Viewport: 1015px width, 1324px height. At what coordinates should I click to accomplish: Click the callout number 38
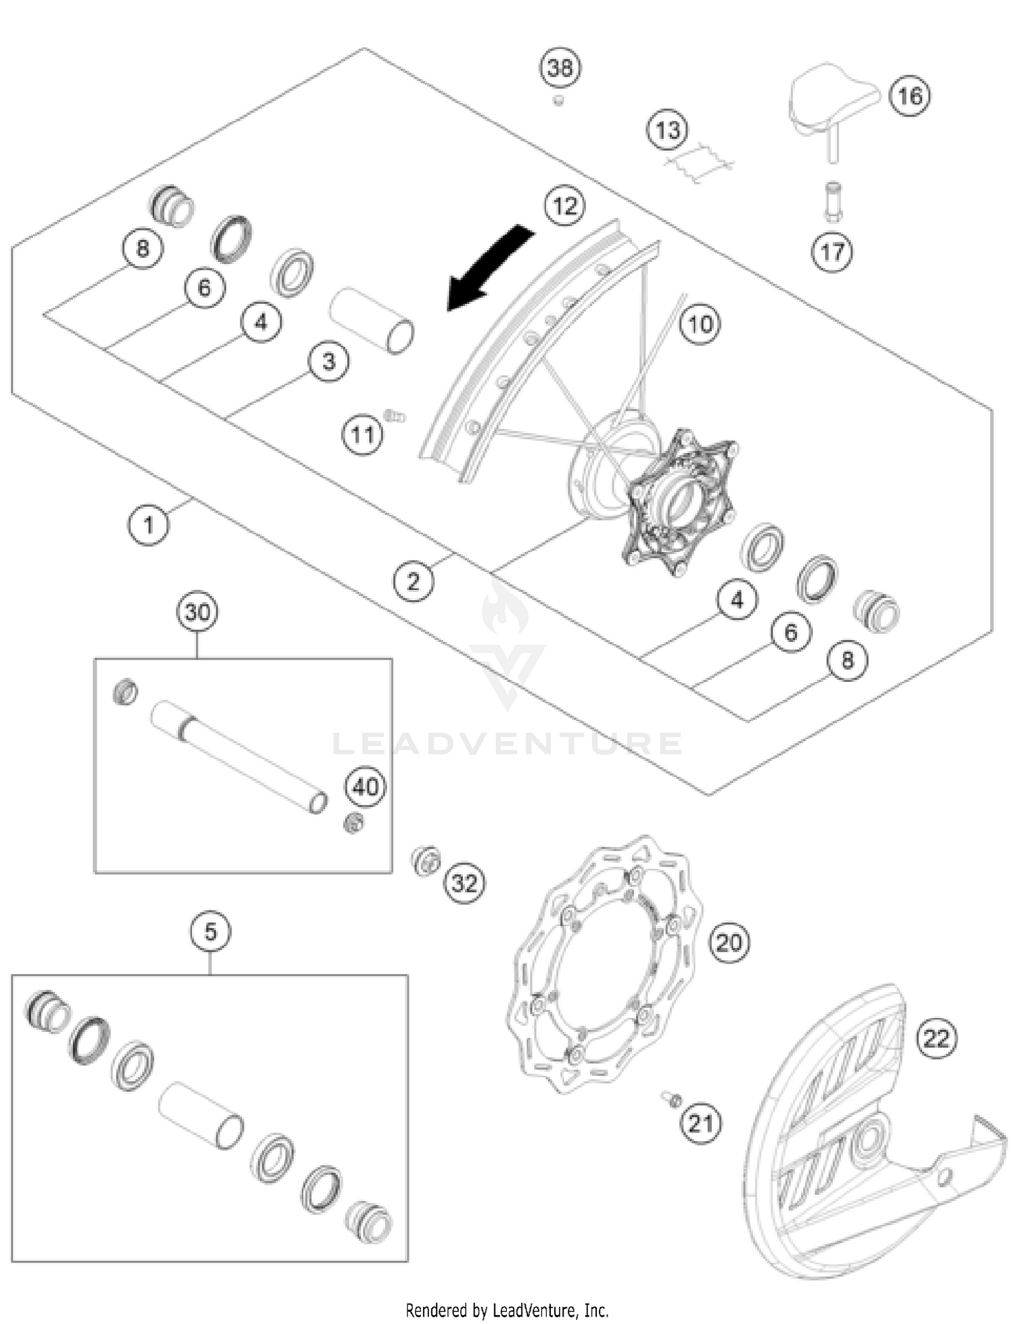[560, 68]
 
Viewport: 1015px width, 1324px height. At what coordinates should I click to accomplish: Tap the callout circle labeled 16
[909, 95]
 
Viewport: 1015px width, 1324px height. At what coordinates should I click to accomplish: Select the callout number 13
[668, 129]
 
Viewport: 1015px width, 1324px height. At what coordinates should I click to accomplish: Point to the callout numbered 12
[565, 205]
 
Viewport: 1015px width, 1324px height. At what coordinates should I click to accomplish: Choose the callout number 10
[700, 324]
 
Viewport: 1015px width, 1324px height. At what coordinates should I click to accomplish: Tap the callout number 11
[362, 434]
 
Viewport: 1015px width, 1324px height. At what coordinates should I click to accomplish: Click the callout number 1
[149, 524]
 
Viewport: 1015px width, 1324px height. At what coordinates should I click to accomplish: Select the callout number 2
[413, 580]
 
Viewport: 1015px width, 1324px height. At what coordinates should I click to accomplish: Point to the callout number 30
[197, 612]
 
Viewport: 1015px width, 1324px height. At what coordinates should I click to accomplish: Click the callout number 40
[366, 787]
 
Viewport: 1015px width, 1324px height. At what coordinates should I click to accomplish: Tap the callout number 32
[465, 883]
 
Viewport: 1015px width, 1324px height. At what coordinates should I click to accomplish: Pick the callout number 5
[210, 932]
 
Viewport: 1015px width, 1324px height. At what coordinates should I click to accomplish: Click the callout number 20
[729, 942]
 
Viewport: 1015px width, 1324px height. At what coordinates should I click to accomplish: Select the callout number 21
[700, 1124]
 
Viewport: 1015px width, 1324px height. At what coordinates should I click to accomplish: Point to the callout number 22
[937, 1038]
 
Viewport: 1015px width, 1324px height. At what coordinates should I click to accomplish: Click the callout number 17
[832, 252]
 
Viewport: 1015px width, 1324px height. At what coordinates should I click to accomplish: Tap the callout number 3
[329, 361]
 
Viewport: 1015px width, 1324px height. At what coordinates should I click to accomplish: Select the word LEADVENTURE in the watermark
[507, 744]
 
